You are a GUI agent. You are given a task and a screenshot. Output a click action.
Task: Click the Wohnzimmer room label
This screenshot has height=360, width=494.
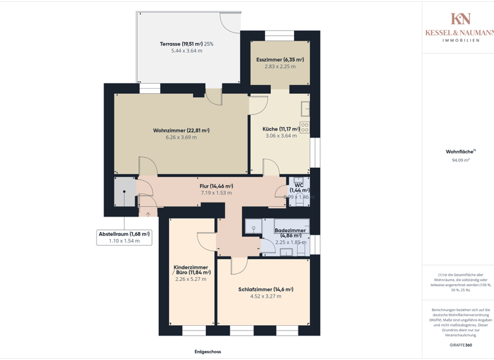pyautogui.click(x=181, y=130)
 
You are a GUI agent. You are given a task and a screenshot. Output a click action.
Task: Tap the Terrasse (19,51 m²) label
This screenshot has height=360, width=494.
pyautogui.click(x=187, y=44)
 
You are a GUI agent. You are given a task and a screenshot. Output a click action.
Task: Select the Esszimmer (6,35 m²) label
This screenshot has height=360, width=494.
pyautogui.click(x=280, y=60)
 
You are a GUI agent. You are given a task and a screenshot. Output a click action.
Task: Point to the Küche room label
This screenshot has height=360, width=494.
pyautogui.click(x=281, y=129)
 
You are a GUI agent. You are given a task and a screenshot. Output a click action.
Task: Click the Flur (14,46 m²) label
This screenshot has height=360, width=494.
pyautogui.click(x=216, y=186)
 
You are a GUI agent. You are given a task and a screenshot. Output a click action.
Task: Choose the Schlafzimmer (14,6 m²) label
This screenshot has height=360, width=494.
pyautogui.click(x=266, y=289)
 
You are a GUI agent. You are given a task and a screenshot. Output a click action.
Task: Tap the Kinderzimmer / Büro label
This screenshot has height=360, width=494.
pyautogui.click(x=192, y=269)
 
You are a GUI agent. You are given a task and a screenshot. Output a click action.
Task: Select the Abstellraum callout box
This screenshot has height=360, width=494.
pyautogui.click(x=124, y=237)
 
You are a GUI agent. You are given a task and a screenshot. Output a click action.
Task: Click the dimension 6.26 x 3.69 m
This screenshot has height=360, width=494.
pyautogui.click(x=181, y=138)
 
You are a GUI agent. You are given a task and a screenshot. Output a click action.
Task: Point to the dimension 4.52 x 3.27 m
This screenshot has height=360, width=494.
pyautogui.click(x=266, y=296)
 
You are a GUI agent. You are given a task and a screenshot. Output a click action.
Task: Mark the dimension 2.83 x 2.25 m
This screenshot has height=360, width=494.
pyautogui.click(x=280, y=66)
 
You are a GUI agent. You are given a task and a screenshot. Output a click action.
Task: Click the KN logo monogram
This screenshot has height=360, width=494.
pyautogui.click(x=461, y=19)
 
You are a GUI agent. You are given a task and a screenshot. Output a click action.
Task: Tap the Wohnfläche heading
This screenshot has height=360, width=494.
pyautogui.click(x=459, y=152)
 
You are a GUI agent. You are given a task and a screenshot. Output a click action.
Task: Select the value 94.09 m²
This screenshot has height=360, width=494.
pyautogui.click(x=461, y=160)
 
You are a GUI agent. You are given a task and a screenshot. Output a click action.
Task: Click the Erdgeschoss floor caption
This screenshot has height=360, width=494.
pyautogui.click(x=208, y=352)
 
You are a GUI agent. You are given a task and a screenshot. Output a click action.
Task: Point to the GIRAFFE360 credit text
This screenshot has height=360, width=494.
pyautogui.click(x=461, y=345)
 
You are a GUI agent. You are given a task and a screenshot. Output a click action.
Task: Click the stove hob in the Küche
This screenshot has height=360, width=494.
pyautogui.click(x=304, y=127)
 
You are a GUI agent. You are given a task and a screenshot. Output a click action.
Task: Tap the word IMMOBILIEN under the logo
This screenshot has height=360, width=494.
pyautogui.click(x=461, y=40)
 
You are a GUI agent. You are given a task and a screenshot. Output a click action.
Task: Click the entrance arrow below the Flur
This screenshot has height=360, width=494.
pyautogui.click(x=148, y=214)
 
